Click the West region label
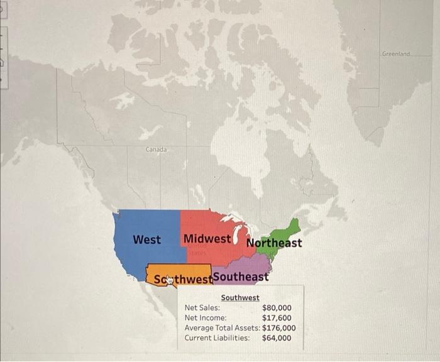pyautogui.click(x=147, y=239)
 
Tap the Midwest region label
pyautogui.click(x=207, y=239)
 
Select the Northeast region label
pyautogui.click(x=274, y=243)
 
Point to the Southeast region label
pyautogui.click(x=241, y=277)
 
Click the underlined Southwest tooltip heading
pyautogui.click(x=240, y=297)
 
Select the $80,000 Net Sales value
pyautogui.click(x=277, y=308)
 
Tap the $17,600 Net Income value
pyautogui.click(x=277, y=318)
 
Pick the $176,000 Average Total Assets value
pyautogui.click(x=279, y=328)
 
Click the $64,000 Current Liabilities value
pyautogui.click(x=277, y=338)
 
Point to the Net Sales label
pyautogui.click(x=202, y=308)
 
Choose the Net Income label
pyautogui.click(x=206, y=318)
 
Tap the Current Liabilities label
pyautogui.click(x=217, y=338)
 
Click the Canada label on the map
pyautogui.click(x=157, y=150)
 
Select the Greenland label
pyautogui.click(x=396, y=55)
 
